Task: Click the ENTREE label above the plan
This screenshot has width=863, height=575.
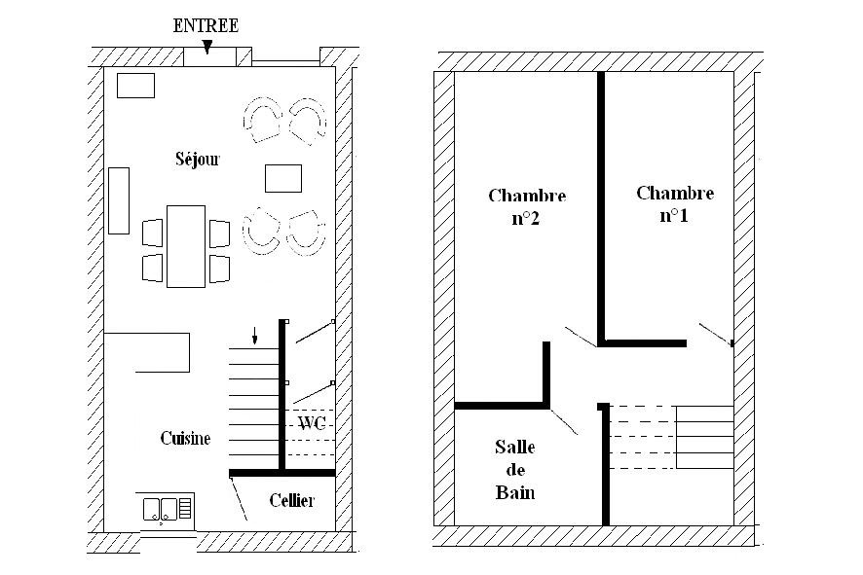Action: (206, 26)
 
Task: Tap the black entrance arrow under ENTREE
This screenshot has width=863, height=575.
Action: (206, 48)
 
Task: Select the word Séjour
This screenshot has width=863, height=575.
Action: (198, 159)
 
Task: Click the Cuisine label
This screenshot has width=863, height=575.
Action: (185, 438)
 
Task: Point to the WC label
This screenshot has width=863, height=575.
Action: (312, 423)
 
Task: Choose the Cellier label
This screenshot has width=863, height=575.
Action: (292, 500)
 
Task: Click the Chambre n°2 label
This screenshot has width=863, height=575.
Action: (527, 206)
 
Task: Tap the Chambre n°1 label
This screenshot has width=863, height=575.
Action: (675, 204)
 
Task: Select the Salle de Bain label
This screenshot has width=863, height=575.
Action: (515, 470)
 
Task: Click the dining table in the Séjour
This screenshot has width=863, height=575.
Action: (186, 246)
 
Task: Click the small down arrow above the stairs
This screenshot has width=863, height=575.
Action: (255, 336)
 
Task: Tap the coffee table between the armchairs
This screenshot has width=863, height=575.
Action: (283, 179)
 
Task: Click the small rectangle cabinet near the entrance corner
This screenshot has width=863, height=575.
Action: (136, 86)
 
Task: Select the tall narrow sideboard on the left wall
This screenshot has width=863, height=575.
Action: (119, 200)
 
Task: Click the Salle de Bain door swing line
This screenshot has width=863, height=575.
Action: (564, 421)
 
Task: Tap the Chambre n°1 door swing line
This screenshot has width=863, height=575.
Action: (716, 335)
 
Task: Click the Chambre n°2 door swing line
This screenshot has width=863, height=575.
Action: (581, 337)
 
